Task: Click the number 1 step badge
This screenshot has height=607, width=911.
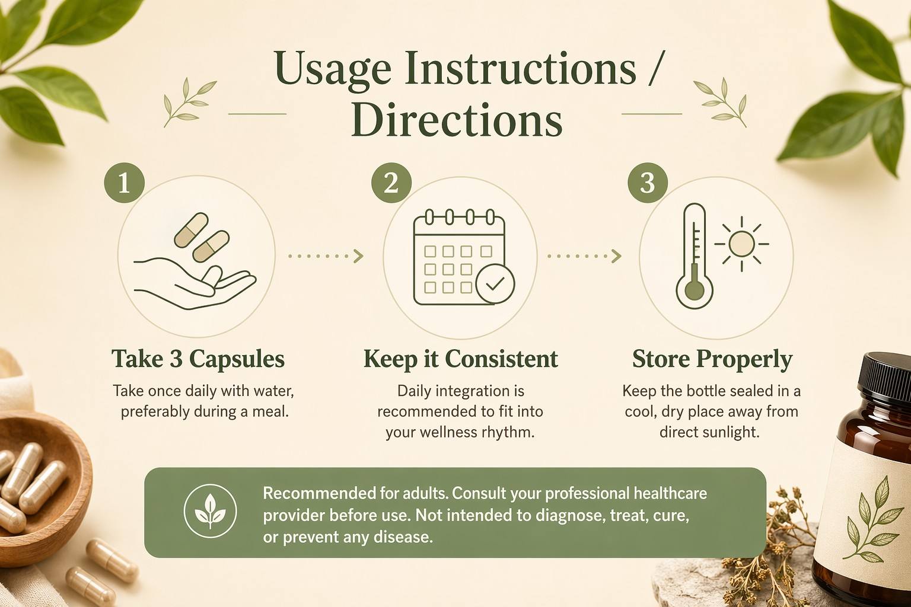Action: point(125,183)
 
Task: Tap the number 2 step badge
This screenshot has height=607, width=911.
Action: point(391,183)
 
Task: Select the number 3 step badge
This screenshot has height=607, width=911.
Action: point(648,183)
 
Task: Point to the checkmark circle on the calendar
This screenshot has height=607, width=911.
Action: point(495,284)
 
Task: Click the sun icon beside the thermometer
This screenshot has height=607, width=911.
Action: point(741,244)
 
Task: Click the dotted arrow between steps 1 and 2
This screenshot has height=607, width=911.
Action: point(326,256)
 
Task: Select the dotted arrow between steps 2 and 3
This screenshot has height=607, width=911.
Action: point(584,256)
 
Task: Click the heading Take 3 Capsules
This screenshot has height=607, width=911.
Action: point(198,359)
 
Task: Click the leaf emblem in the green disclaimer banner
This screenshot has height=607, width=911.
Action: point(210,511)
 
